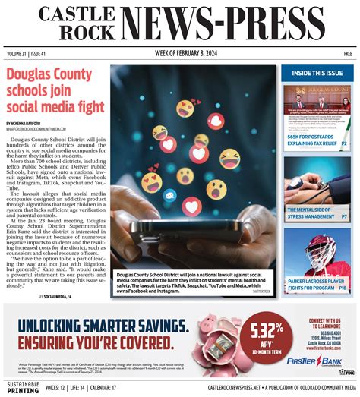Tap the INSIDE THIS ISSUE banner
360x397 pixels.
tap(317, 73)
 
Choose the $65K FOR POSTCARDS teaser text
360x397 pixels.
tap(311, 137)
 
